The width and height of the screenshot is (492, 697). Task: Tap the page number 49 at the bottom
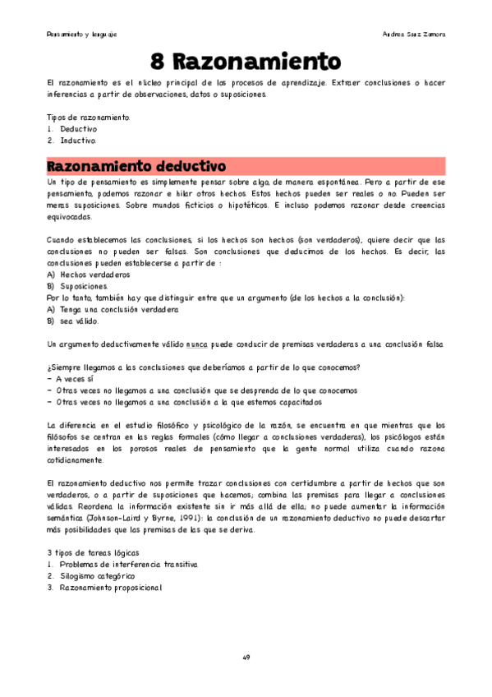tap(246, 658)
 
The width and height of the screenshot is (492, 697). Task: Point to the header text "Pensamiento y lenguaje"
tap(81, 35)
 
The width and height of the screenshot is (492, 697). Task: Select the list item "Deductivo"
tap(79, 129)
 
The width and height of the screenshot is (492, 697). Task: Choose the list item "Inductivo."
tap(79, 141)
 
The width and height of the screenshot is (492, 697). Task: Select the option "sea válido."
tap(80, 321)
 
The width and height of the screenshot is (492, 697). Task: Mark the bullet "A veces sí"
tap(81, 379)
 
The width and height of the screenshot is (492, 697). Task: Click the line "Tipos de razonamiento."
tap(89, 118)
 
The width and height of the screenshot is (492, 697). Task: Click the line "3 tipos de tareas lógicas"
tap(93, 554)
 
